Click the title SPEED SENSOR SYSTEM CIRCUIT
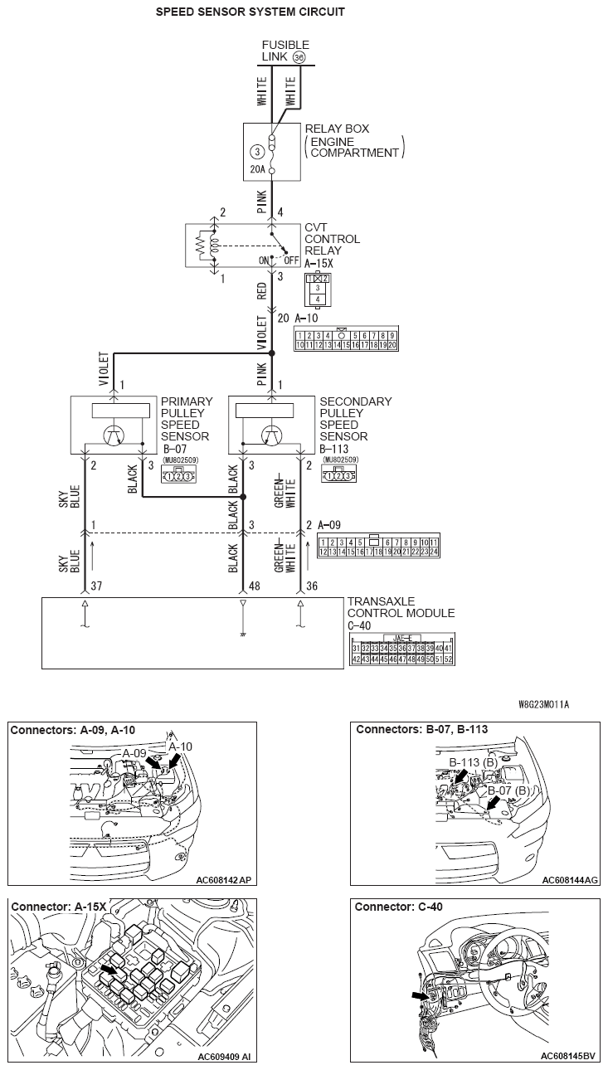pyautogui.click(x=250, y=12)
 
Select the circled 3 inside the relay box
pyautogui.click(x=257, y=152)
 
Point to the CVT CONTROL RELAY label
pyautogui.click(x=332, y=239)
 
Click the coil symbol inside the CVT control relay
pyautogui.click(x=213, y=246)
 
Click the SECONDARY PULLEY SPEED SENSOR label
pyautogui.click(x=355, y=419)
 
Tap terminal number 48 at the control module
pyautogui.click(x=255, y=586)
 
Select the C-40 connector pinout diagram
pyautogui.click(x=401, y=647)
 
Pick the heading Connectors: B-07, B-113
pyautogui.click(x=421, y=730)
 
